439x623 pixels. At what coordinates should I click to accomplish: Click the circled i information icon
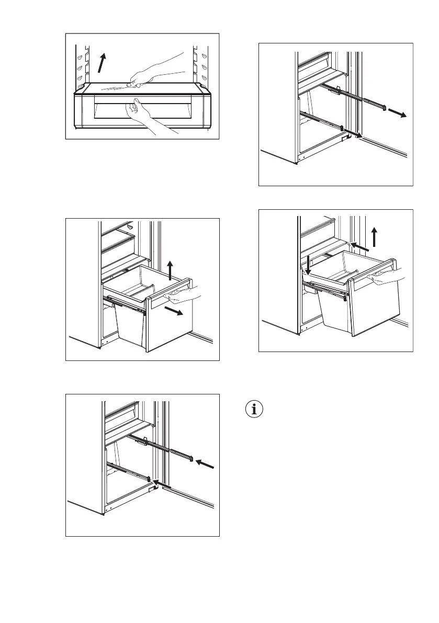[255, 410]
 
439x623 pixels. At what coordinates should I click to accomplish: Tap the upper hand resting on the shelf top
[157, 71]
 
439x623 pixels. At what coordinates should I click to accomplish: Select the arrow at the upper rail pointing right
[399, 114]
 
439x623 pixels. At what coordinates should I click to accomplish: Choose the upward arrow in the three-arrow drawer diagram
[375, 236]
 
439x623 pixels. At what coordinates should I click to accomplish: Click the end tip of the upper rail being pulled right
[385, 108]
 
